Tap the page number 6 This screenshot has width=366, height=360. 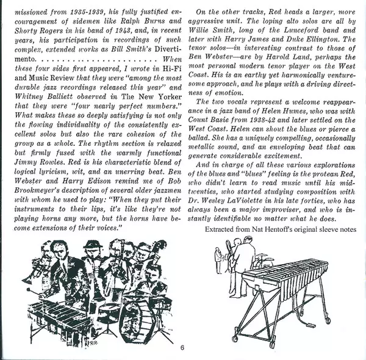(181, 350)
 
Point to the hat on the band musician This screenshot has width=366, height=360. (93, 245)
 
